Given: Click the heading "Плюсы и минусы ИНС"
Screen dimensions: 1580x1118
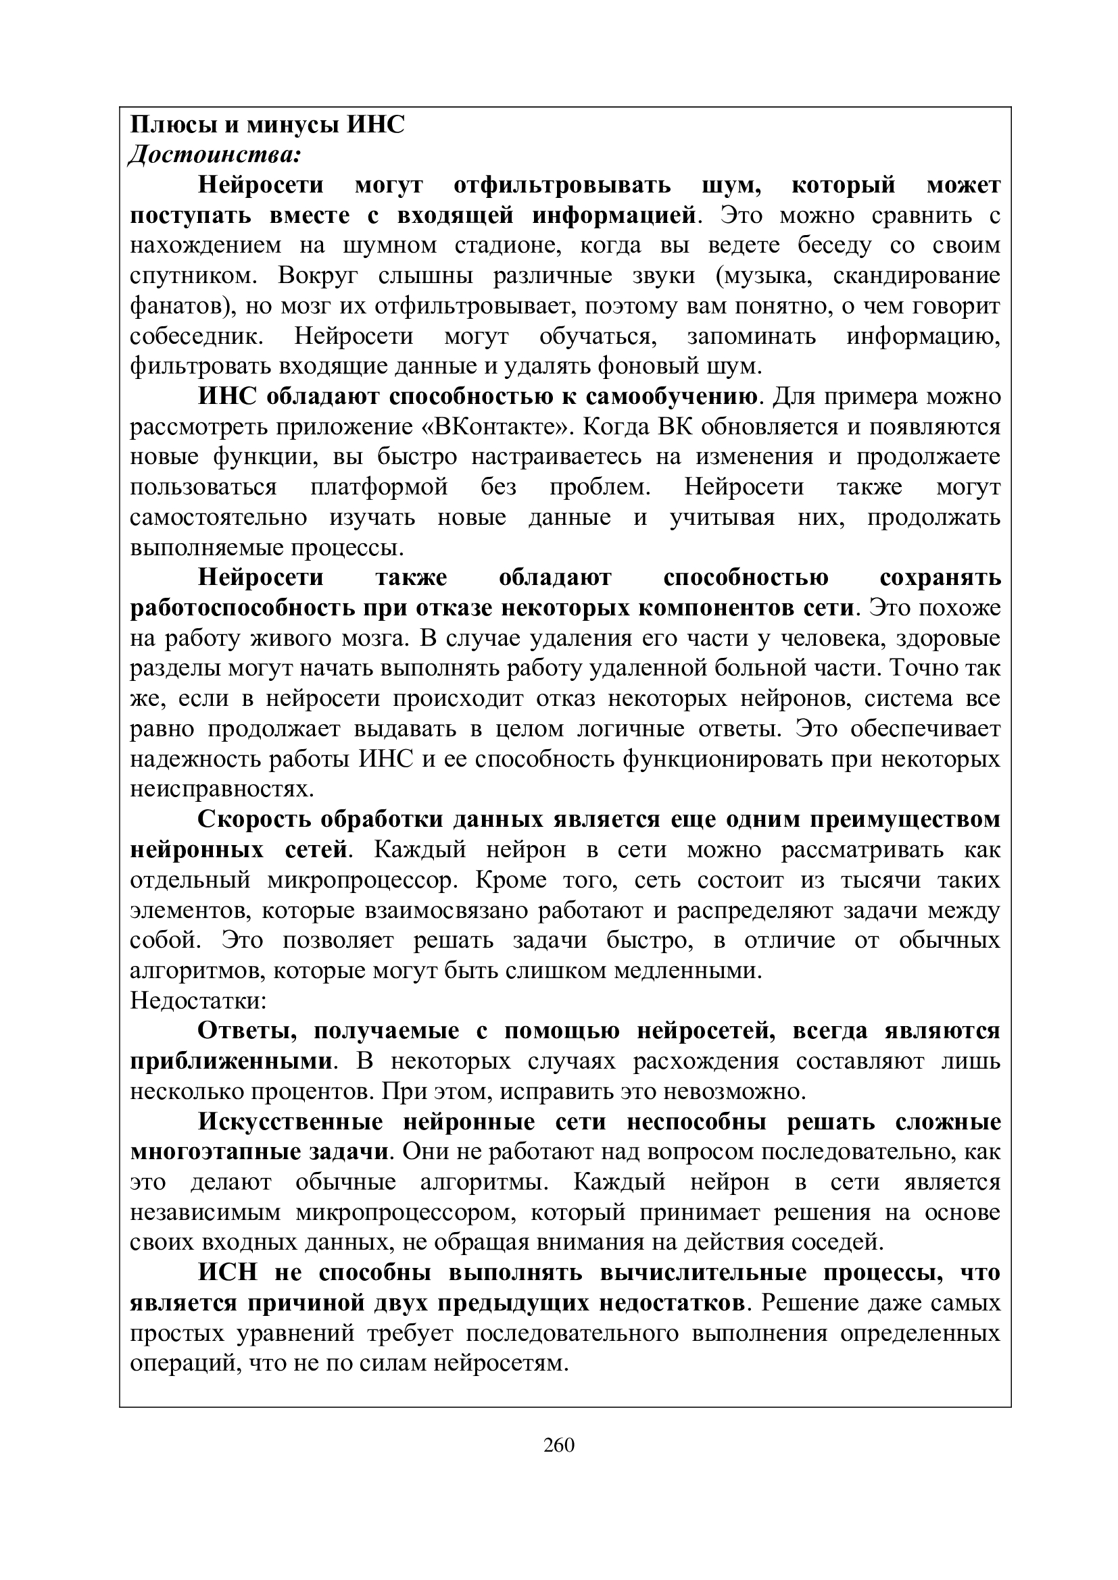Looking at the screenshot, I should [268, 125].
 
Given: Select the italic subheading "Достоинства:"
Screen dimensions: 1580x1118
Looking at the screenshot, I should [215, 155].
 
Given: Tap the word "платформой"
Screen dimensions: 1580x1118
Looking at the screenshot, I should [379, 487].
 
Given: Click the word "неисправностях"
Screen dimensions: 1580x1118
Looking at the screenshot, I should [222, 789].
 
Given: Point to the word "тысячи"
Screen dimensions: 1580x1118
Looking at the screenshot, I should [848, 880].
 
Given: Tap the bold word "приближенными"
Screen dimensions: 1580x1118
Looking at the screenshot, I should [231, 1061].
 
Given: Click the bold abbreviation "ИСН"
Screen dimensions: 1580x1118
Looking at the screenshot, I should [228, 1273].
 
